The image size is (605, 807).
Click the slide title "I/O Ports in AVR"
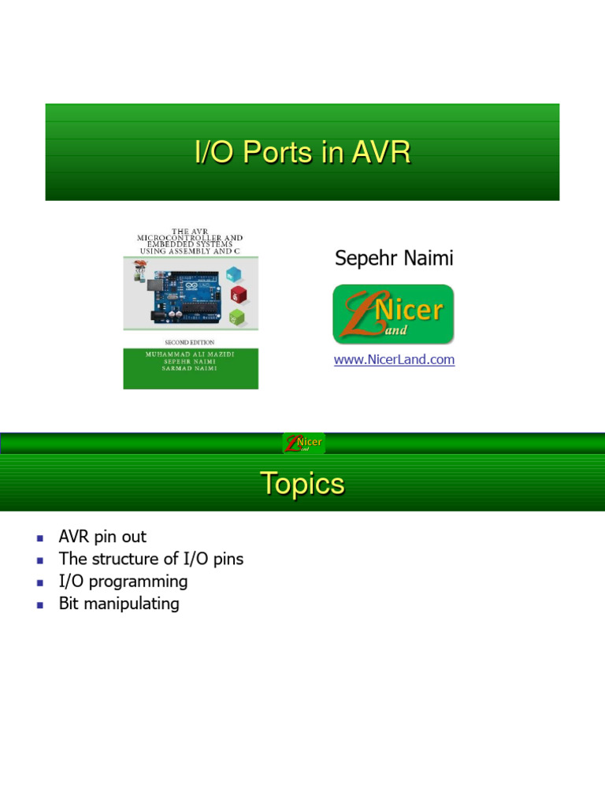coord(302,152)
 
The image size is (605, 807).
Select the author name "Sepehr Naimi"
coord(394,258)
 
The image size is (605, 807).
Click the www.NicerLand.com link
coord(394,359)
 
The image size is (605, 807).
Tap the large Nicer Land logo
coord(393,314)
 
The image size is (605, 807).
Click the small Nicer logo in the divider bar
coord(303,443)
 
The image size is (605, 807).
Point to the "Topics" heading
coord(302,483)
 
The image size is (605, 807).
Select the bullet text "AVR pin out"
coord(102,537)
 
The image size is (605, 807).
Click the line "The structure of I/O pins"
coord(151,559)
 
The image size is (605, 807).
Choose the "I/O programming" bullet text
coord(123,582)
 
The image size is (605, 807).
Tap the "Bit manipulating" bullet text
coord(119,604)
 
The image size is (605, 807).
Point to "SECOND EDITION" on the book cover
coord(190,343)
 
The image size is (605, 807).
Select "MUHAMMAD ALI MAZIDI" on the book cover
coord(190,355)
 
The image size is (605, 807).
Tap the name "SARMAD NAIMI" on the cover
coord(190,369)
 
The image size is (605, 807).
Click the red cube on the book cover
coord(239,296)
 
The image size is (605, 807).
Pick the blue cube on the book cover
coord(234,273)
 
